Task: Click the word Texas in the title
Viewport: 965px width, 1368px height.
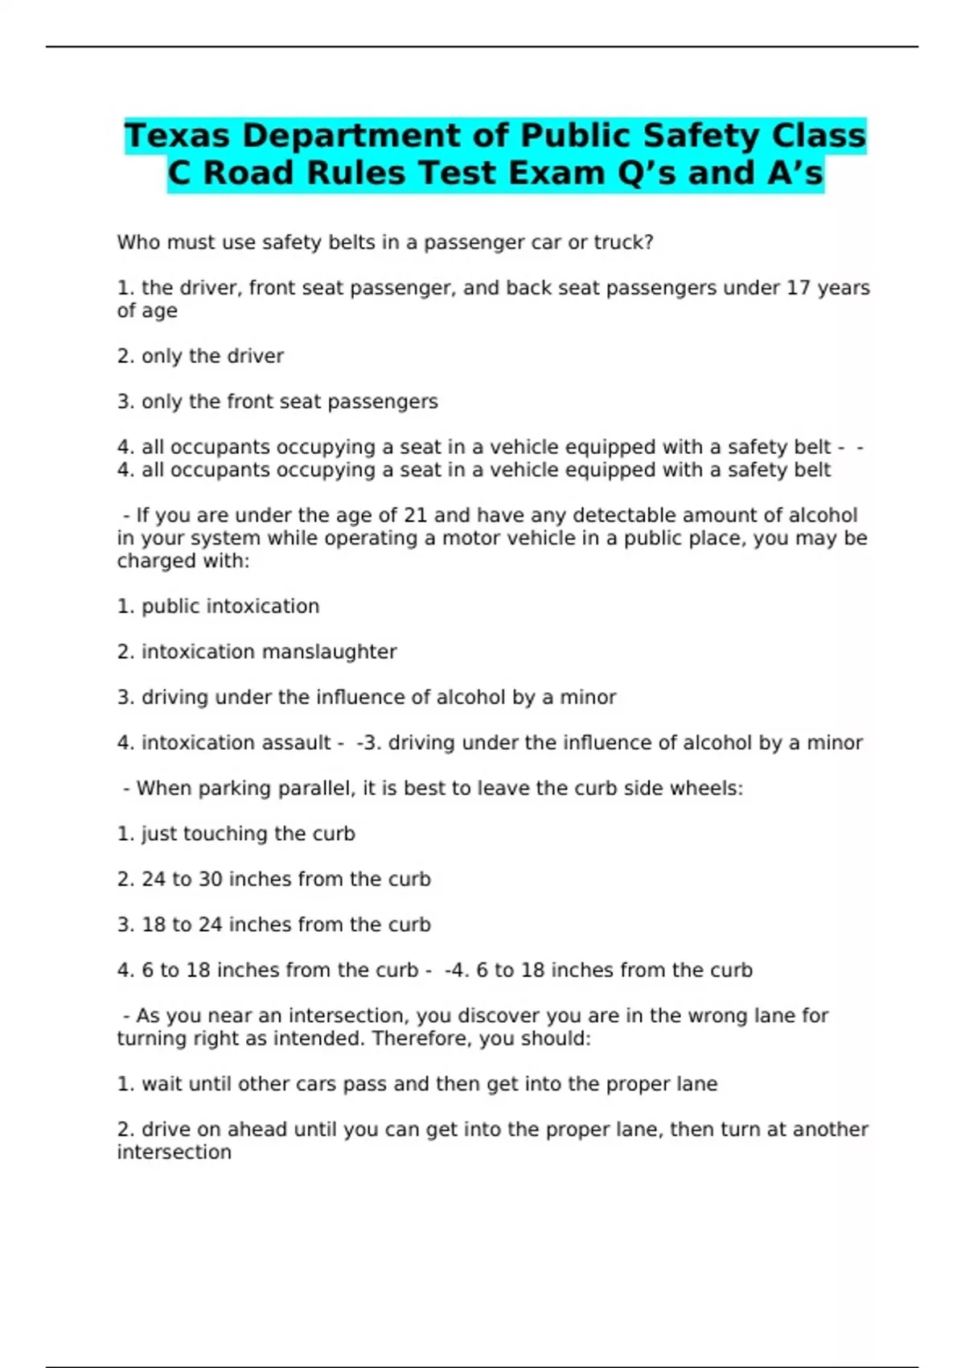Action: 178,136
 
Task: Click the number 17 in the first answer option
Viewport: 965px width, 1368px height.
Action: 798,288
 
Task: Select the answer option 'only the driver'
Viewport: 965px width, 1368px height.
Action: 212,356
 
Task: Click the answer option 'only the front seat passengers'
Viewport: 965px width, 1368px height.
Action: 289,402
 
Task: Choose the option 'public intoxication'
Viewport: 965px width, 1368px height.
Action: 230,606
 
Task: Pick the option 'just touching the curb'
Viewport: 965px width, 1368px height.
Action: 248,834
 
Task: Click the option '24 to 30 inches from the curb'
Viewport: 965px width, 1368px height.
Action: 285,880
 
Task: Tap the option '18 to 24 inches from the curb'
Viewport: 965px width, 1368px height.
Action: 285,925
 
